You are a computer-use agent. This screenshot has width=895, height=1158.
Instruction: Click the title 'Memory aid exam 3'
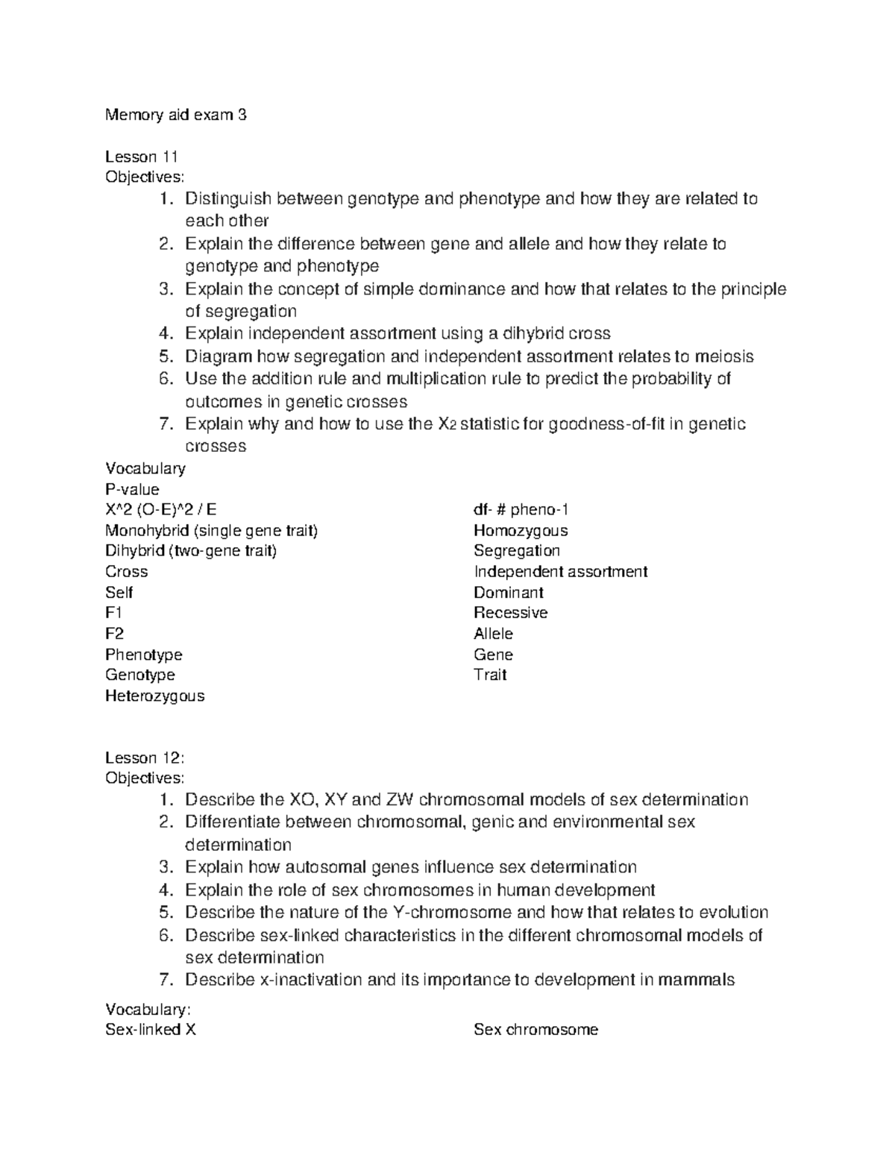(175, 115)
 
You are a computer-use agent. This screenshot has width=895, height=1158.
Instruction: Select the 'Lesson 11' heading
(141, 157)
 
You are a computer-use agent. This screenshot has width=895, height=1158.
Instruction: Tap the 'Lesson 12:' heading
(144, 758)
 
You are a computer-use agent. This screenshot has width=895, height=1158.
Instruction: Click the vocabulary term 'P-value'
(132, 489)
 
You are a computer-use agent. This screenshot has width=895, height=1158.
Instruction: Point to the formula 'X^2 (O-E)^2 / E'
(161, 510)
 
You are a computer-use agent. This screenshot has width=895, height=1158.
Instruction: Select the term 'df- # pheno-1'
(521, 510)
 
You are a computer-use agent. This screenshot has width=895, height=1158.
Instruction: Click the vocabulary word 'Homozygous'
(521, 531)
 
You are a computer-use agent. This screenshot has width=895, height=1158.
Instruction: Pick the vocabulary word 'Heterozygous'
(154, 696)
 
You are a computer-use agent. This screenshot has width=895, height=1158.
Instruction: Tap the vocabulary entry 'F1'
(113, 613)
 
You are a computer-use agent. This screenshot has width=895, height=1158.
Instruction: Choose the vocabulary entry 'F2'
(114, 634)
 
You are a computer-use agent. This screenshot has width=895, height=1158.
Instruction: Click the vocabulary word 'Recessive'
(510, 613)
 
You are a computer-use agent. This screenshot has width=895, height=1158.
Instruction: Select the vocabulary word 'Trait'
(490, 675)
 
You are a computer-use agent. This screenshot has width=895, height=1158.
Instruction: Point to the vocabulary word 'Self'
(119, 593)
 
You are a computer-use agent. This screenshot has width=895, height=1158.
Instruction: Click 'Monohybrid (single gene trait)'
(211, 531)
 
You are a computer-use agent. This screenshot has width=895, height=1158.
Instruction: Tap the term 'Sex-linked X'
(151, 1030)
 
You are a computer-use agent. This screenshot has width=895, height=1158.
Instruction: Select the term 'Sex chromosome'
(536, 1030)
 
